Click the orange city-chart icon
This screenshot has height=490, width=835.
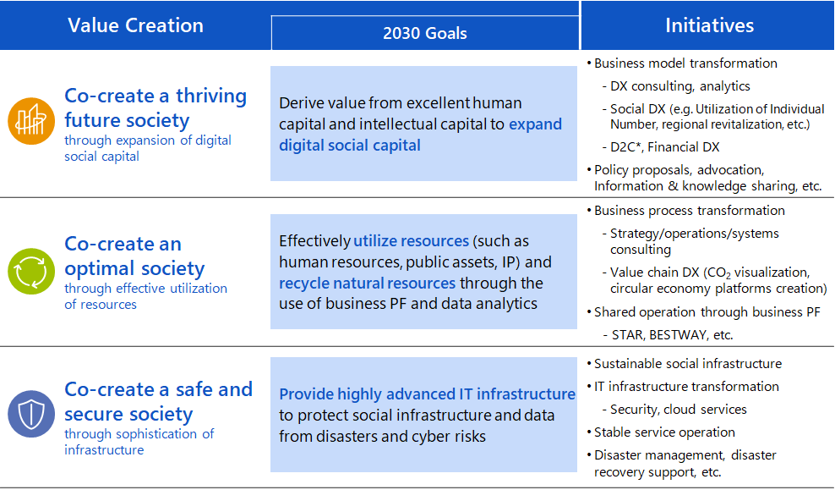click(31, 121)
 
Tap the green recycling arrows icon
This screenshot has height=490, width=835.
click(31, 271)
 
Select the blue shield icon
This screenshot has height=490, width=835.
click(31, 414)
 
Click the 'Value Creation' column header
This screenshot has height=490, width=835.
click(135, 25)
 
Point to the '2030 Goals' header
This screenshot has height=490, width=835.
click(425, 33)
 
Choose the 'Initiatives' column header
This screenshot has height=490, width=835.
click(709, 25)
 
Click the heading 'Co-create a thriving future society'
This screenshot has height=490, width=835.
click(156, 107)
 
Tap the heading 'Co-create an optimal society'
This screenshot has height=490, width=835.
click(134, 256)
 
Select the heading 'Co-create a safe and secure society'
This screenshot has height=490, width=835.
click(159, 401)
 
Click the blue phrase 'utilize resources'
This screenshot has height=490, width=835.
click(411, 241)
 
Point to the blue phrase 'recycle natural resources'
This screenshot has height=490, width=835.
click(368, 284)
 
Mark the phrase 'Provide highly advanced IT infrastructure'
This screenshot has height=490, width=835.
click(427, 394)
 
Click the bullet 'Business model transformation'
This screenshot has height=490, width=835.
click(685, 63)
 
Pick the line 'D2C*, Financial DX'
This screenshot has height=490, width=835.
click(664, 147)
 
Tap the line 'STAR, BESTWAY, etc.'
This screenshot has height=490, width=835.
click(673, 335)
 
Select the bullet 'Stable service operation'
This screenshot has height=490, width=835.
click(664, 432)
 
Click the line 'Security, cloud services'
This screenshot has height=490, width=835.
click(679, 410)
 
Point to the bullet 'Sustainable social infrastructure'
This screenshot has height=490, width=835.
click(688, 364)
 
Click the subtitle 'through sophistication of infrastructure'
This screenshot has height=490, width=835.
click(139, 442)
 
